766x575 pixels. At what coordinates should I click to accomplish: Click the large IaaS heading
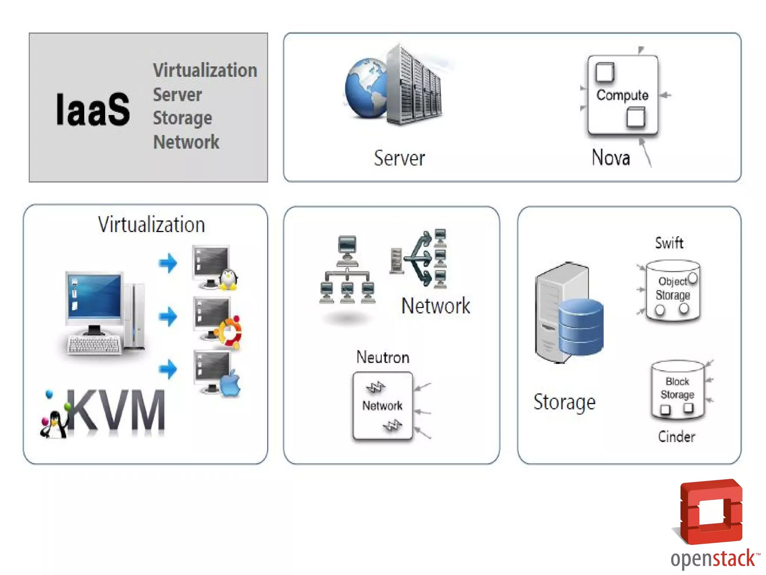tap(93, 109)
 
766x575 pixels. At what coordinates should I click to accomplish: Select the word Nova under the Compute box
tap(611, 158)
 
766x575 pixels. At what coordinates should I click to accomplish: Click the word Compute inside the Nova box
tap(622, 95)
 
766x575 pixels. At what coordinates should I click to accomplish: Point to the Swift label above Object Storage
tap(669, 243)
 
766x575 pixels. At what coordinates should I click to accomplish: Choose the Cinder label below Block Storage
tap(676, 436)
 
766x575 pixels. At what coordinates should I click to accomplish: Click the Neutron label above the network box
tap(383, 357)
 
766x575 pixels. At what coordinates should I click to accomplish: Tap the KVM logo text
tap(116, 411)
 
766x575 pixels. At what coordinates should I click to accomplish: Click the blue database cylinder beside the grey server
tap(581, 327)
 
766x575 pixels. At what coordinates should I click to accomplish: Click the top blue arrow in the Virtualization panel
tap(168, 263)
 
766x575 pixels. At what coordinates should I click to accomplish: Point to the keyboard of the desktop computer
tap(94, 344)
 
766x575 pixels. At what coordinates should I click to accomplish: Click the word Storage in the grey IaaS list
tap(183, 118)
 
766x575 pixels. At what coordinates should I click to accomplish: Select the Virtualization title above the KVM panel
tap(151, 225)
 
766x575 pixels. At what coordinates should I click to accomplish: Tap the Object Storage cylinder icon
tap(673, 290)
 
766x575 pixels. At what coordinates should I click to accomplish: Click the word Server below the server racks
tap(399, 158)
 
